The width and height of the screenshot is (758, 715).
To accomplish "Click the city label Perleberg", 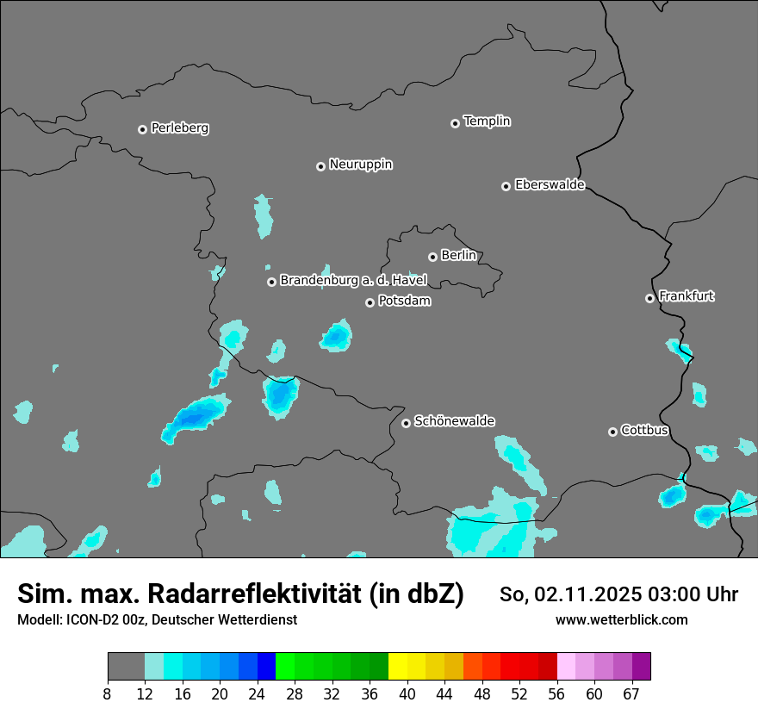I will (x=179, y=128).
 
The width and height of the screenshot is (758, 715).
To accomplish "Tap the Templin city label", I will (x=487, y=121).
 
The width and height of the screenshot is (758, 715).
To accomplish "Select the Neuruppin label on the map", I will (x=360, y=165).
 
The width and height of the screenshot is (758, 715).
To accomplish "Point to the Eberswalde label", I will (x=550, y=185).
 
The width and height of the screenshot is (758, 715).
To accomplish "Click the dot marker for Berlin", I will (x=432, y=257).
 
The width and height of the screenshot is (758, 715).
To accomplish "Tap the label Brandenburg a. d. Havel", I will (x=353, y=281).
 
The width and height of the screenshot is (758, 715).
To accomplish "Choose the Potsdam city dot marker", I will (x=370, y=302).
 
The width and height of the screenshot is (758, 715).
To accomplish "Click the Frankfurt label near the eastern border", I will (x=686, y=296).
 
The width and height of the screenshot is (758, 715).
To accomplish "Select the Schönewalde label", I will (x=454, y=421).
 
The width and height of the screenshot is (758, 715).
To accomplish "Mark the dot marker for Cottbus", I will (x=612, y=432).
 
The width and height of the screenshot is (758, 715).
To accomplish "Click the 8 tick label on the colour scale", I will (x=108, y=693).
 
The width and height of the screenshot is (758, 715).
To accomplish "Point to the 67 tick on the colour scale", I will (x=631, y=693).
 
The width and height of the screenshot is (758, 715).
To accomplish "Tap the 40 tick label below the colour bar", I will (x=407, y=693).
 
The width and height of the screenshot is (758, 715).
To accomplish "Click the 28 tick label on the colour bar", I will (x=295, y=693).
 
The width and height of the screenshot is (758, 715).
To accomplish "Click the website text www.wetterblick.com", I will (x=621, y=620).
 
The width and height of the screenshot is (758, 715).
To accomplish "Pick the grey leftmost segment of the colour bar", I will (x=126, y=667).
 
